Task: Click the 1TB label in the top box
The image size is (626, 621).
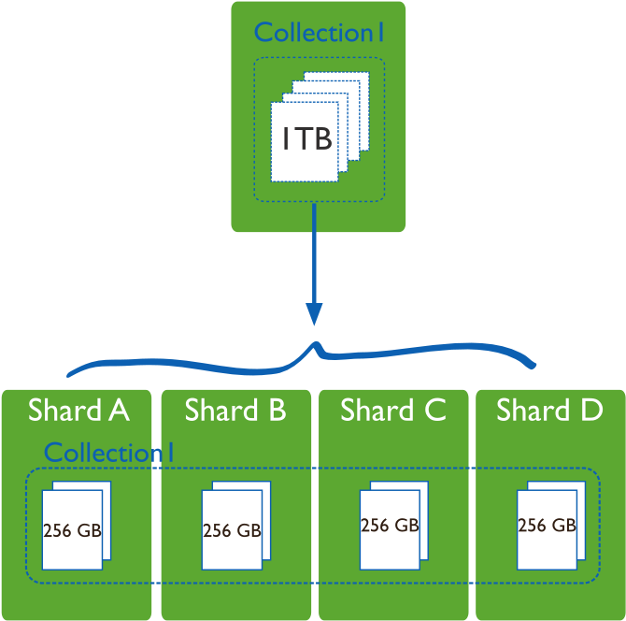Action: (x=307, y=139)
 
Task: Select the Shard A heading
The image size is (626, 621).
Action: (x=78, y=411)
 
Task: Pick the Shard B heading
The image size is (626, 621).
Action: (x=235, y=411)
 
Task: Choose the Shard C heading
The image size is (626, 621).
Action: (x=393, y=411)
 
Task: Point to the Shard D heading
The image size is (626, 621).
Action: (x=549, y=411)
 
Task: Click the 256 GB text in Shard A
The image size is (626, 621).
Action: (x=72, y=531)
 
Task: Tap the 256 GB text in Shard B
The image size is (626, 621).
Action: (x=232, y=531)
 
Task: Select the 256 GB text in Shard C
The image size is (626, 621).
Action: (x=390, y=526)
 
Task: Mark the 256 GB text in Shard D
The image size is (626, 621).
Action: (x=547, y=526)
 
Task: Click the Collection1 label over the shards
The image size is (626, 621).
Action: (x=109, y=453)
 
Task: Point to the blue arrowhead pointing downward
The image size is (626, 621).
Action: (x=315, y=313)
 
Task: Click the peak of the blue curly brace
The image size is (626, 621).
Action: (x=317, y=346)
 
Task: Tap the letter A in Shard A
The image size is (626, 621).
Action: (x=118, y=411)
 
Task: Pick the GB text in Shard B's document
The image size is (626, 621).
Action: (x=248, y=531)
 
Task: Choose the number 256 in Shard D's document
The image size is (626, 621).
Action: (x=531, y=526)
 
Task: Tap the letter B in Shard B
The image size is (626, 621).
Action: (x=276, y=411)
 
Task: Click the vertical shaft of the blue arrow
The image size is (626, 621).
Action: (x=314, y=253)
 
